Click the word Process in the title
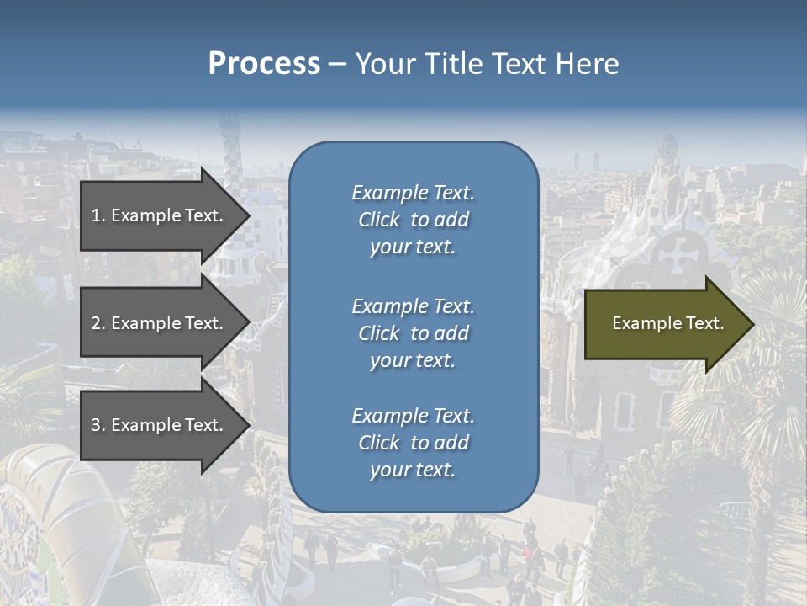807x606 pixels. [264, 63]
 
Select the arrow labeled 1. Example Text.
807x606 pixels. [160, 215]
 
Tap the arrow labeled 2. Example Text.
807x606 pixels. [160, 323]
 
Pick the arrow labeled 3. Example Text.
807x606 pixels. [160, 425]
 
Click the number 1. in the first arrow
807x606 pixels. [98, 215]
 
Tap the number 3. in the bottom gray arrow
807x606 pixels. [98, 425]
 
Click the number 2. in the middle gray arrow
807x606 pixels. [98, 323]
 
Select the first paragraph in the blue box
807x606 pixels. [413, 220]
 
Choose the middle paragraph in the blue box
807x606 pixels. [413, 333]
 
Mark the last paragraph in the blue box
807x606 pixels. [413, 443]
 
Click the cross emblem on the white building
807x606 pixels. [674, 253]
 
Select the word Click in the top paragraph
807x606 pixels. [378, 220]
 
